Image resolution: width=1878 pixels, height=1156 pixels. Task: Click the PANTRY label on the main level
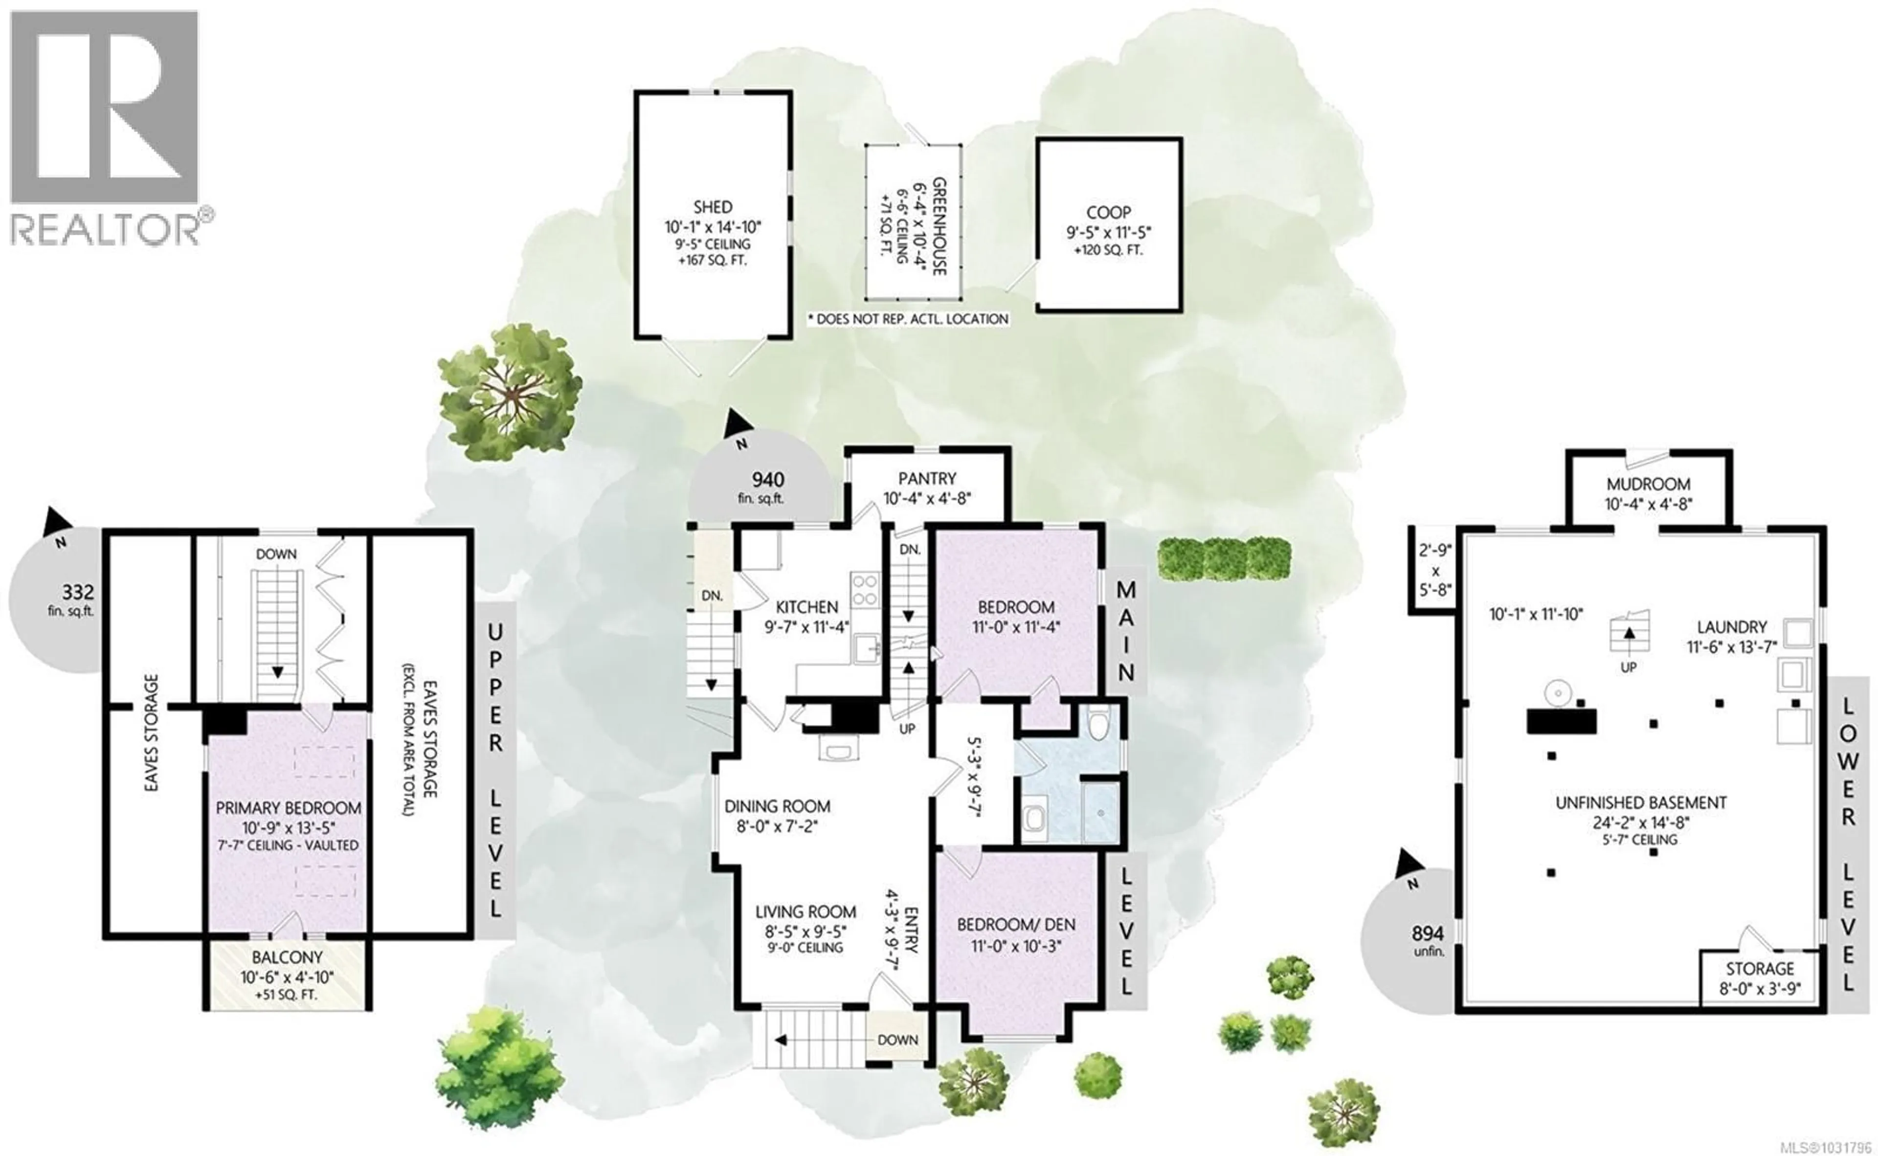927,479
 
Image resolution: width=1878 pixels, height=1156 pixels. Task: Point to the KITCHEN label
807,607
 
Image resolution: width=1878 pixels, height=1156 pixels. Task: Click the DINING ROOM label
777,806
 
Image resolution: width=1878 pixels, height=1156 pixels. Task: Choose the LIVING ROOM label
805,911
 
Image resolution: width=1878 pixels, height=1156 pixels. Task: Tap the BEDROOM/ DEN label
1015,924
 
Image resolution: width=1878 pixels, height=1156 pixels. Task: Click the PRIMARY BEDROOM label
288,807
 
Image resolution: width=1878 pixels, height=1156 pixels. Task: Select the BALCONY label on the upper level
288,957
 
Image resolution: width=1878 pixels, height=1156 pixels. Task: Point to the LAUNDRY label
1731,627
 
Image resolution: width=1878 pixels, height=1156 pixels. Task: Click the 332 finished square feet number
78,592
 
